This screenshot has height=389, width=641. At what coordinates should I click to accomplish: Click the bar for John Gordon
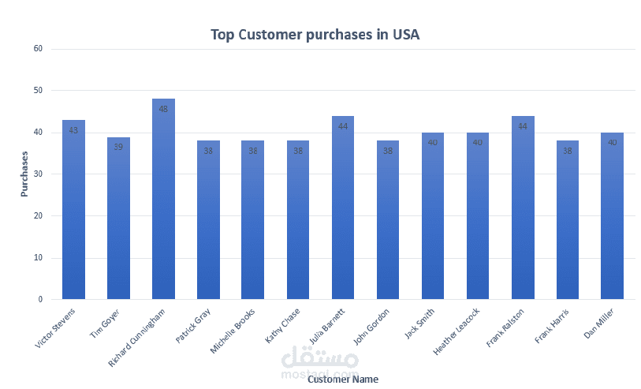(388, 220)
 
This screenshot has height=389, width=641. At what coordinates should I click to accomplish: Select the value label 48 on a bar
(163, 109)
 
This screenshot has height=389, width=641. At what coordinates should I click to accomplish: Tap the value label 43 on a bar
(73, 130)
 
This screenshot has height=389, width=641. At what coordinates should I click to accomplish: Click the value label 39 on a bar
(118, 147)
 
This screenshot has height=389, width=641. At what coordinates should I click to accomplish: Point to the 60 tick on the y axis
(37, 49)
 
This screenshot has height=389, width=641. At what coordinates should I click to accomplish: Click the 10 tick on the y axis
(37, 258)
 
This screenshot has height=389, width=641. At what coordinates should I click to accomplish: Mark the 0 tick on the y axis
(39, 300)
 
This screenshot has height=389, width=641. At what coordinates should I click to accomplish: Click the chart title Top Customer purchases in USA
(315, 35)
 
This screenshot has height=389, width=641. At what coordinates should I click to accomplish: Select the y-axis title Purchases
(24, 174)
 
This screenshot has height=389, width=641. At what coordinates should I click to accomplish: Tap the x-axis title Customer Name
(343, 380)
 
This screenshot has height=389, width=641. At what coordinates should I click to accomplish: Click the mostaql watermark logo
(320, 361)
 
